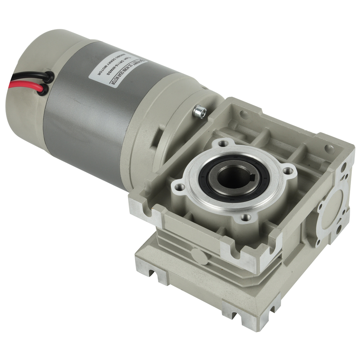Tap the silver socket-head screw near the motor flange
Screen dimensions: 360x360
click(x=199, y=111)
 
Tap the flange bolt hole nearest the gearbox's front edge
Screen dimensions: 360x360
click(x=245, y=217)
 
